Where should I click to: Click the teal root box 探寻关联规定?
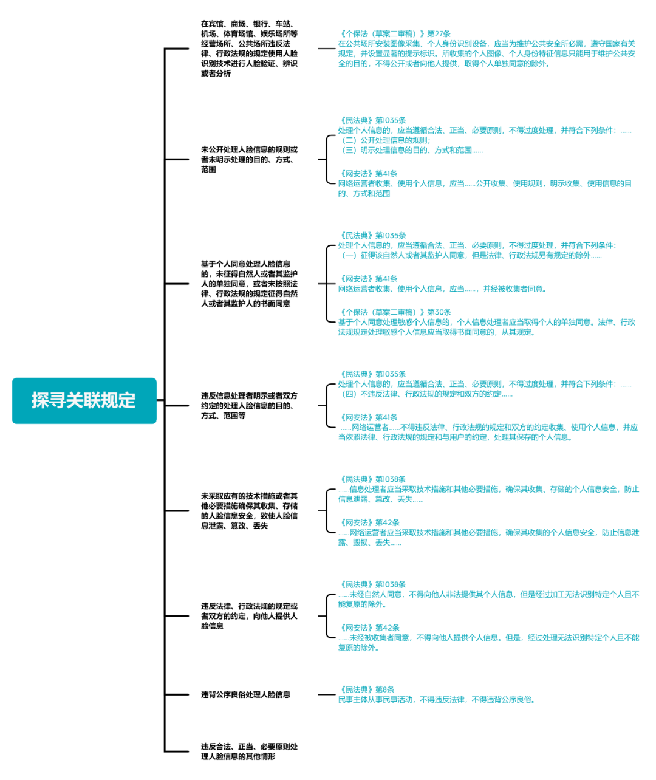tap(84, 400)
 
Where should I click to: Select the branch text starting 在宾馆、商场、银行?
tap(249, 49)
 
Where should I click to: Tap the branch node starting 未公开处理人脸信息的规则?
tap(249, 159)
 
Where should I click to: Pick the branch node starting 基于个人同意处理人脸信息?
tap(249, 284)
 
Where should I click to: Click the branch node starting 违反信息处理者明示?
tap(249, 405)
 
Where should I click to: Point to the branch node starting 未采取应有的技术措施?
tap(249, 510)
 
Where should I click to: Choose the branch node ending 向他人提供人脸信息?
tap(249, 615)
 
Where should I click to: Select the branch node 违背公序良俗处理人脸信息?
tap(245, 694)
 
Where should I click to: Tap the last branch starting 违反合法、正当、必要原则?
tap(249, 751)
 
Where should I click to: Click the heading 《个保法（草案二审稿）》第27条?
tap(394, 34)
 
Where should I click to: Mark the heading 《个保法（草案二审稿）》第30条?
tap(394, 312)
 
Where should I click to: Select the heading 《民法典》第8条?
tap(366, 689)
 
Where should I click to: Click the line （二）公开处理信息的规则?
tap(385, 140)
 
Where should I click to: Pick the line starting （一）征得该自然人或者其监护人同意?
tap(471, 256)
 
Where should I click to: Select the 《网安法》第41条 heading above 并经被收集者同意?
tap(368, 279)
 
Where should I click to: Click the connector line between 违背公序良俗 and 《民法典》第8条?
tap(326, 694)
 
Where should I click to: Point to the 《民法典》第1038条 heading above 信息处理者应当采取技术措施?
tap(372, 479)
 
